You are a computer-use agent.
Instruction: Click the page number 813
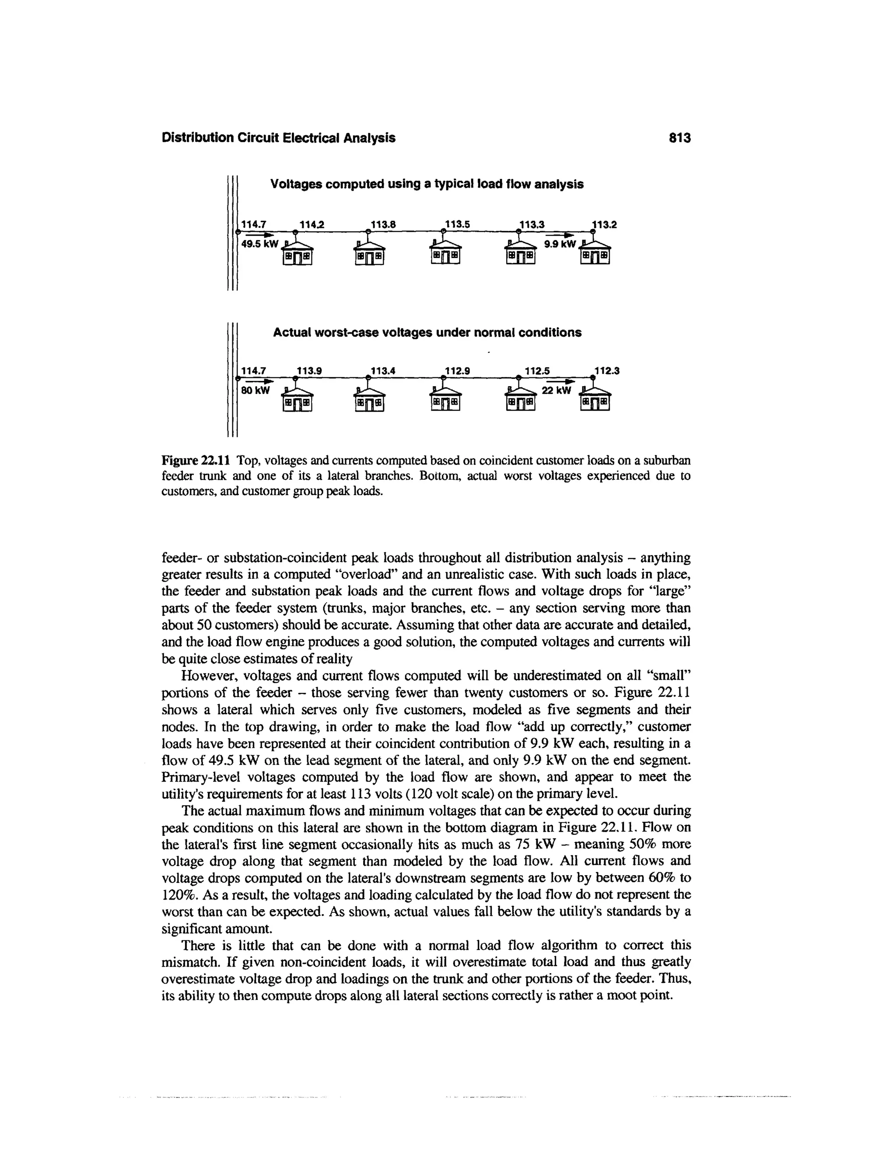(680, 138)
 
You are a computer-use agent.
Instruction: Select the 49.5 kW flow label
(259, 244)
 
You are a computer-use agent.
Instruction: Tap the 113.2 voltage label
(605, 224)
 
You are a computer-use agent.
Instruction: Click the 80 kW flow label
(256, 391)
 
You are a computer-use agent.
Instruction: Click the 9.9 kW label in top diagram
(560, 244)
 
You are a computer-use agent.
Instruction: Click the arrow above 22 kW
(561, 381)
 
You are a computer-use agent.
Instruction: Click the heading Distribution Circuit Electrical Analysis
(278, 138)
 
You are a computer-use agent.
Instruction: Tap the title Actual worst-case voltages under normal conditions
(427, 333)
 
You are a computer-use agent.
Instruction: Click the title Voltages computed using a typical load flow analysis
(427, 184)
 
